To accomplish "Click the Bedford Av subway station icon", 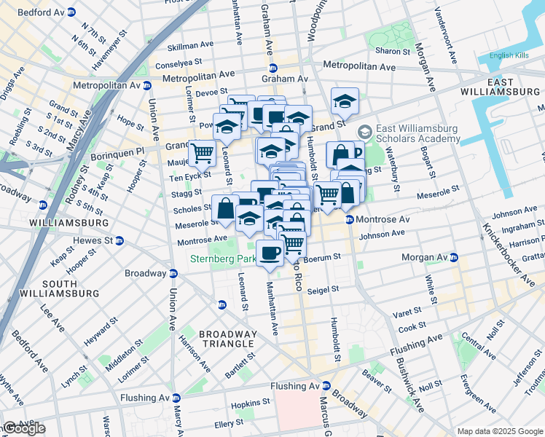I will [71, 13].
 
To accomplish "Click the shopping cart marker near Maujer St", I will [203, 152].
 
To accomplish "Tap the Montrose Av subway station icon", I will [350, 220].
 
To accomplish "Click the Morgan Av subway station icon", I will [453, 258].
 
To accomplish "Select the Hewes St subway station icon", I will [119, 240].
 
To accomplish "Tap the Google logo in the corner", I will [23, 429].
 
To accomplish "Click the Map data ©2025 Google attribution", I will [500, 431].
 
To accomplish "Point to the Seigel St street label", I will [324, 289].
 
